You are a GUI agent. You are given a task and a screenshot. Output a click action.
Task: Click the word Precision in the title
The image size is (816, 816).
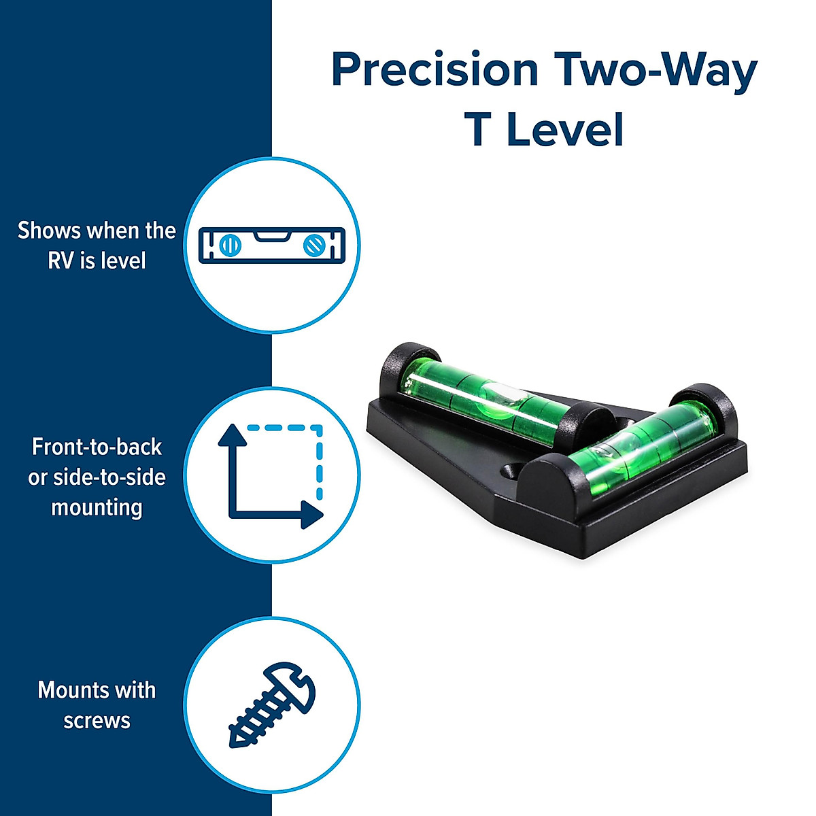click(435, 69)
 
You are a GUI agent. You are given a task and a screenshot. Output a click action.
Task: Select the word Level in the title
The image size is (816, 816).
click(565, 130)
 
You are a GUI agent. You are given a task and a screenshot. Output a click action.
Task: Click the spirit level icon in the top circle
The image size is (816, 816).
click(271, 245)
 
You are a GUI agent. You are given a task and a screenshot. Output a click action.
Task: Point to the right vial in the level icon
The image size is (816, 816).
click(313, 245)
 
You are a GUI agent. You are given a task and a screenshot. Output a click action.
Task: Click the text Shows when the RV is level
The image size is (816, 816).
click(97, 245)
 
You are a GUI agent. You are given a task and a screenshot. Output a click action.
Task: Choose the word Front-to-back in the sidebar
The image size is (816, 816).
click(97, 447)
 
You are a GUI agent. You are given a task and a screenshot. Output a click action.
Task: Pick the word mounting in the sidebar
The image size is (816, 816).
click(97, 507)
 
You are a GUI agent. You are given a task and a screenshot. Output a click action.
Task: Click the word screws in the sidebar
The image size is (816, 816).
click(97, 720)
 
